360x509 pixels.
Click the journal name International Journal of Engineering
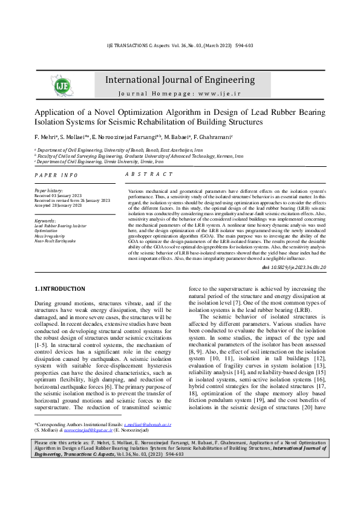click(180, 80)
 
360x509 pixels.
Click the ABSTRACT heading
click(149, 174)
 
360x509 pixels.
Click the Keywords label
click(45, 221)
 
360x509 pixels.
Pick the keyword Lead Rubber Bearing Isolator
click(61, 226)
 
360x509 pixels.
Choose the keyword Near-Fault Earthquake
click(55, 241)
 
